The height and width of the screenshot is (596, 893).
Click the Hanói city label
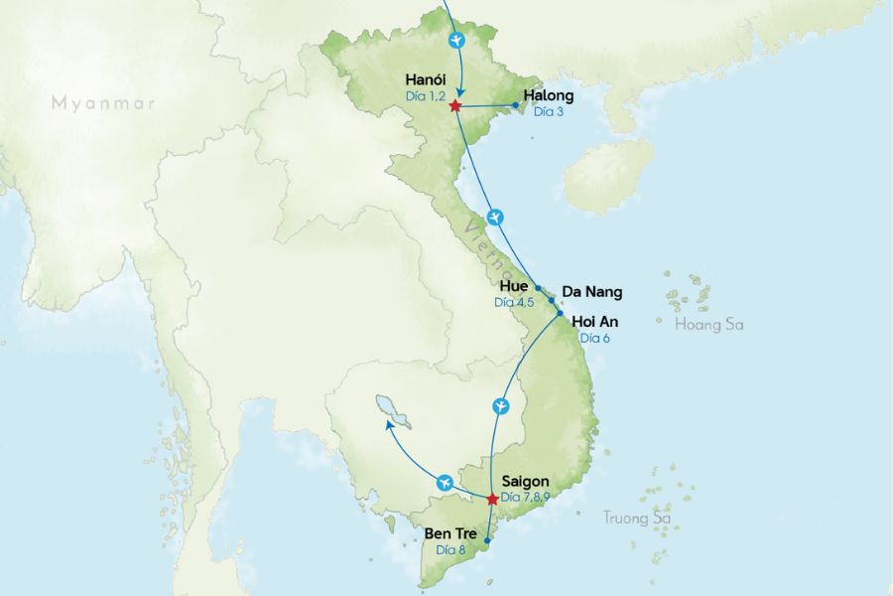coord(427,79)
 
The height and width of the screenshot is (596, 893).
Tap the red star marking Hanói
coord(454,105)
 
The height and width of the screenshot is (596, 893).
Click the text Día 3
coord(549,111)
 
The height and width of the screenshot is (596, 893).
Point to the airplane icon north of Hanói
coord(455,41)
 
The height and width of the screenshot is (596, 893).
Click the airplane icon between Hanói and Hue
coord(496,218)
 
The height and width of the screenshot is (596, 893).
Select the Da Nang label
coord(591,292)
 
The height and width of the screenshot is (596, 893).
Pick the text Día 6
coord(595,338)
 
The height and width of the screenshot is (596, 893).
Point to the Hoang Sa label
coord(708,325)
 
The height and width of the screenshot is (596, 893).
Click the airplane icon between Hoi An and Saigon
coord(501,405)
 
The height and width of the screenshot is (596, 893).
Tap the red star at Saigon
coord(492,499)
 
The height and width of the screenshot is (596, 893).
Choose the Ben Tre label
coord(451,533)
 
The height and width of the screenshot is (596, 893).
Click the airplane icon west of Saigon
coord(444,482)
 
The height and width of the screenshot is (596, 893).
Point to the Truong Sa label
coord(637,518)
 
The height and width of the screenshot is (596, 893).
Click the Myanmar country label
coord(104,102)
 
